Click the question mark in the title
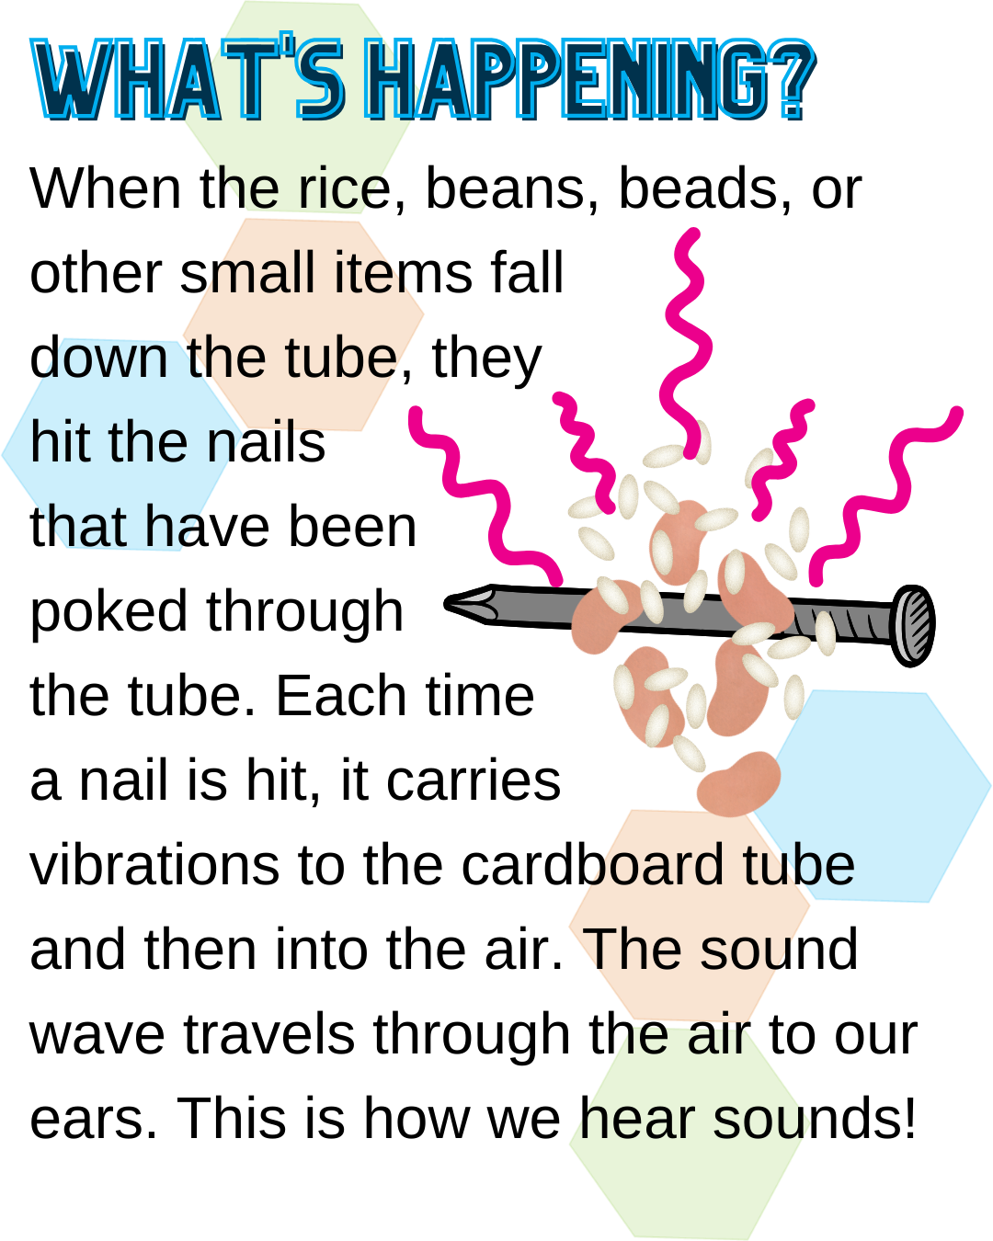(x=789, y=81)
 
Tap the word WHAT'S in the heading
(x=188, y=81)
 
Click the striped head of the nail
(x=913, y=625)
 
